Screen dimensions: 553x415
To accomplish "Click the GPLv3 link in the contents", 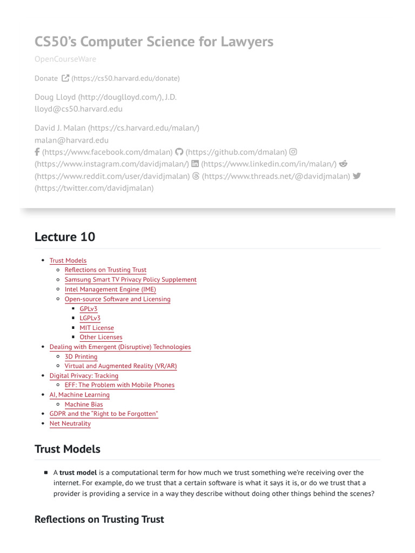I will point(89,309).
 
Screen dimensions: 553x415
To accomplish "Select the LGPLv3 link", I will point(90,318).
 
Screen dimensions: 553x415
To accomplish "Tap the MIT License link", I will point(97,328).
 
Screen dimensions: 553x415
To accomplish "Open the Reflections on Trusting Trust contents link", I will point(105,270).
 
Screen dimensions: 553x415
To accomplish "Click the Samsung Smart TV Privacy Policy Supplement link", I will point(130,280).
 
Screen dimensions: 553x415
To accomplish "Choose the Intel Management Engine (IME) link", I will point(110,289).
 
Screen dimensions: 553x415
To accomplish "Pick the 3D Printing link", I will point(81,357).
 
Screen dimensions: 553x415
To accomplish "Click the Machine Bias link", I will point(84,404).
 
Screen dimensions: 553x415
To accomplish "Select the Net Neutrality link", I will point(70,423).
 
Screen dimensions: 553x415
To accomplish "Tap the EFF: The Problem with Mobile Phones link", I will point(119,385).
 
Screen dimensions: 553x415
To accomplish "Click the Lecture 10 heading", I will point(65,237).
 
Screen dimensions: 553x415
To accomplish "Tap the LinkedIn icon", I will point(195,164).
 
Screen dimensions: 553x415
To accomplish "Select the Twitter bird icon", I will point(357,176).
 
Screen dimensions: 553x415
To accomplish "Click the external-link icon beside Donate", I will point(65,78).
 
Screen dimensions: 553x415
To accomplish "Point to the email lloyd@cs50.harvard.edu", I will point(78,109).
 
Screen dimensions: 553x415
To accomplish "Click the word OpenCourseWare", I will point(65,59).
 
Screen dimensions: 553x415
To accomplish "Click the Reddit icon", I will point(343,164).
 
